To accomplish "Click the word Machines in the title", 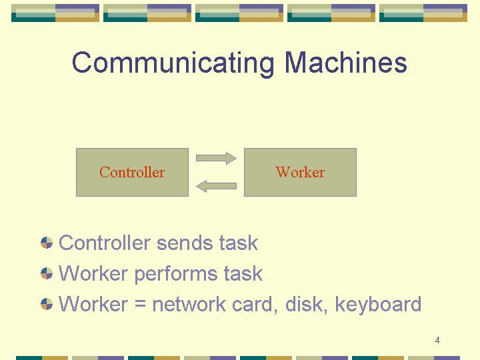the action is point(345,62).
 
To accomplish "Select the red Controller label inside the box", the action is point(132,172).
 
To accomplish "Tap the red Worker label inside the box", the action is point(300,172).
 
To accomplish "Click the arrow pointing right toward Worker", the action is point(216,158).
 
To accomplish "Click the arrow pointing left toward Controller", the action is point(216,186).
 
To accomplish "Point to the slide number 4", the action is point(437,340).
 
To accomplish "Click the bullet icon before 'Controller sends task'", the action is point(47,243).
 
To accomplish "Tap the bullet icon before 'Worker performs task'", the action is point(47,273).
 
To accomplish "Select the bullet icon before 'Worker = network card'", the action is point(47,304).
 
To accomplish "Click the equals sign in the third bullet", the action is point(140,304).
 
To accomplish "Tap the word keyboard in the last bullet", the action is point(378,304).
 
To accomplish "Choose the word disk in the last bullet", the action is point(306,304).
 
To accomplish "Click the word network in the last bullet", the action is point(189,304).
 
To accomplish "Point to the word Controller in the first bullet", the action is point(105,243).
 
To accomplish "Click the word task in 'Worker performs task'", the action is point(243,274).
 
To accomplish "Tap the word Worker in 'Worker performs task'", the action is point(93,274).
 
